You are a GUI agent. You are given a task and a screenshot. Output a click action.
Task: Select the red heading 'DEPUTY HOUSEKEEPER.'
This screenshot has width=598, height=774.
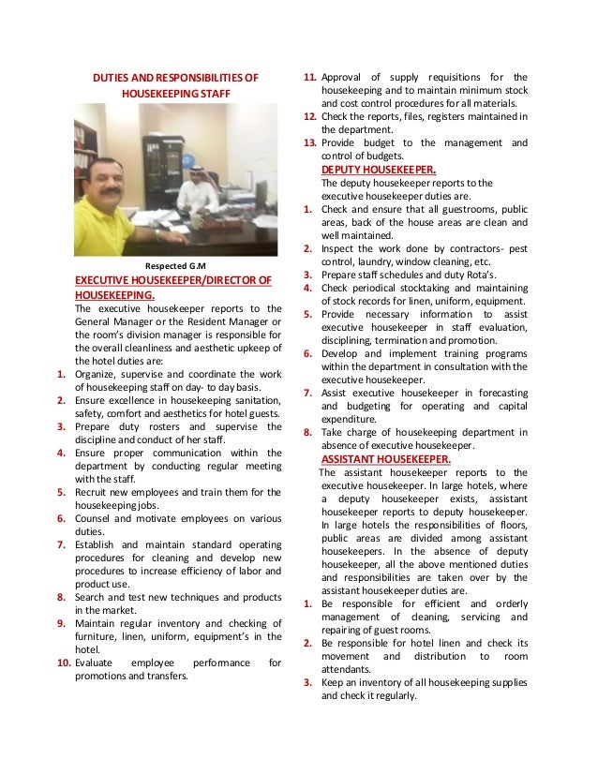[x=371, y=170]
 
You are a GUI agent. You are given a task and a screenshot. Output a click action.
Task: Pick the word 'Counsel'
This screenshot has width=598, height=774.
[x=95, y=517]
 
